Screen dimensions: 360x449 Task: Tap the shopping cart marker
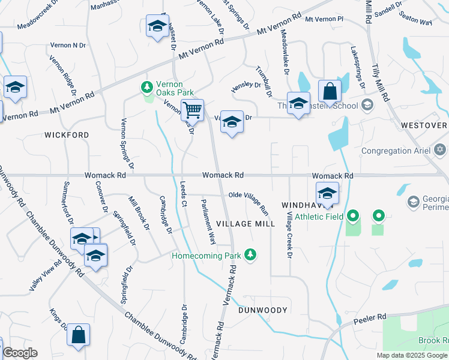point(192,110)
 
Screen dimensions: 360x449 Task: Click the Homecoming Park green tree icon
point(251,256)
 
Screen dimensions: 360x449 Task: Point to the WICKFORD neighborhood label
point(67,136)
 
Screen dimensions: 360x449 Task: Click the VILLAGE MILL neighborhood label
point(246,224)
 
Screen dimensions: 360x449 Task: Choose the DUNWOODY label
point(263,310)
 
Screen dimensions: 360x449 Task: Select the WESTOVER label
point(423,125)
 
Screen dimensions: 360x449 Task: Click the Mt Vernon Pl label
point(324,19)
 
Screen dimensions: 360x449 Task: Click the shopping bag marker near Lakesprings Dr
point(330,92)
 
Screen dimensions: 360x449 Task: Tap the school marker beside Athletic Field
point(327,193)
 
